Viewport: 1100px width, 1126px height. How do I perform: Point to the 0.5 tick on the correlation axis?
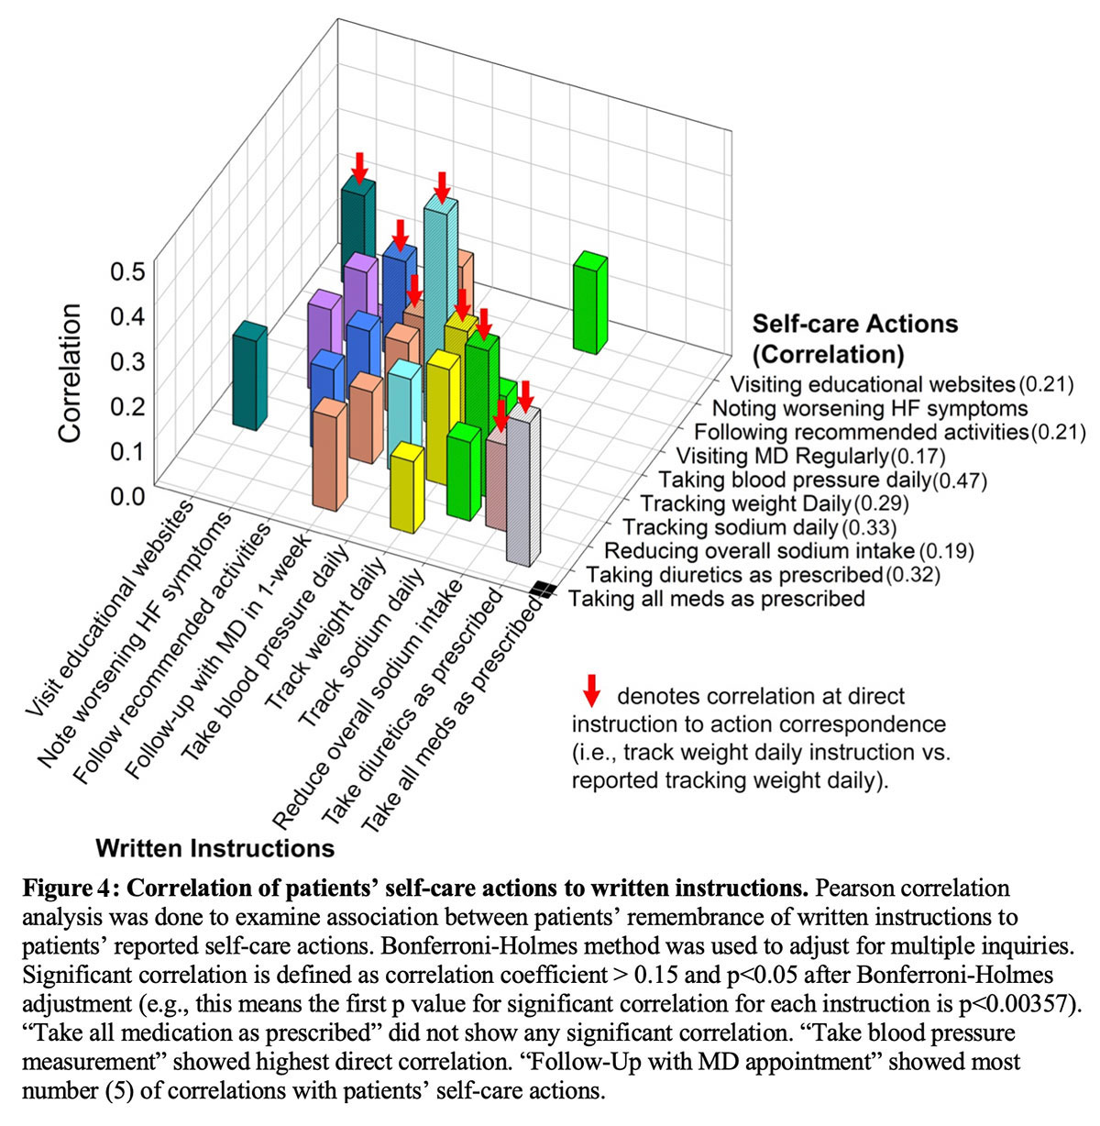pos(127,271)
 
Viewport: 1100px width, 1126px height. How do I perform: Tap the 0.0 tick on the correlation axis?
pos(127,496)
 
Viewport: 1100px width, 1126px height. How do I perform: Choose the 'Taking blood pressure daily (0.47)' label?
pos(822,480)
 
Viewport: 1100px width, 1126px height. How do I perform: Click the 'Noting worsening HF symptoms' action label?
pos(870,408)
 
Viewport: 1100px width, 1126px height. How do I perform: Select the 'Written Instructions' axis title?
pos(214,847)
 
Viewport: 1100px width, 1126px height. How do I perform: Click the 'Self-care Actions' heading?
pos(854,324)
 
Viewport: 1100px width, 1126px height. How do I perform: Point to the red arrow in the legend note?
pos(591,690)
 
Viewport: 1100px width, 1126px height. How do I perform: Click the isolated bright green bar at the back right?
pos(592,303)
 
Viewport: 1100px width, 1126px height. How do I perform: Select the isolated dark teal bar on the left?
pos(249,376)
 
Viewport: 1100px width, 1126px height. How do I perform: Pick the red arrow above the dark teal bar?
pos(359,167)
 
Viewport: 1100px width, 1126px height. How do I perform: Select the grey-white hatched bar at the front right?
pos(524,486)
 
